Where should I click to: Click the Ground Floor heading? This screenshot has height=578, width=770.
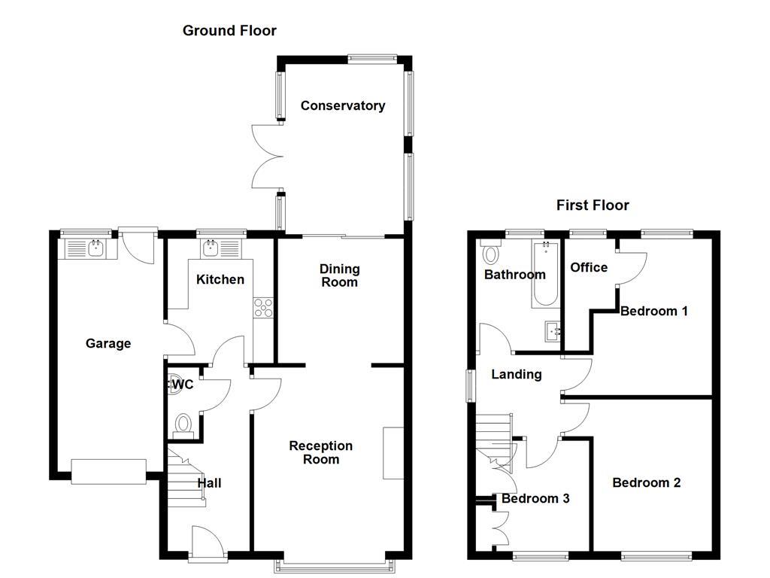click(x=229, y=31)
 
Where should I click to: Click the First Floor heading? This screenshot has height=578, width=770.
click(x=593, y=205)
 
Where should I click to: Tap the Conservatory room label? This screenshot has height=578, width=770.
click(x=343, y=106)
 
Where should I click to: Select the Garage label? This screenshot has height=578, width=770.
click(x=108, y=344)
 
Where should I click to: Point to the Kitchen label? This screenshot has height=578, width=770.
click(x=220, y=280)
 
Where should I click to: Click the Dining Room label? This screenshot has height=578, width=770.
click(x=340, y=275)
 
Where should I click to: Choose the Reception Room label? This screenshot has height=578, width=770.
click(x=321, y=452)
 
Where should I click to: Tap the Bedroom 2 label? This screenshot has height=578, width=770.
click(x=647, y=482)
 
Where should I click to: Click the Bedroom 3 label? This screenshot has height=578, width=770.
click(x=535, y=498)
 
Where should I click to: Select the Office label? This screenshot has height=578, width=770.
click(x=589, y=267)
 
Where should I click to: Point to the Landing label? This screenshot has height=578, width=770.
click(x=516, y=374)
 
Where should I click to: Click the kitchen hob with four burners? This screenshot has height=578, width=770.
click(x=264, y=307)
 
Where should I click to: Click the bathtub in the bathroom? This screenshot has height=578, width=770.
click(x=544, y=275)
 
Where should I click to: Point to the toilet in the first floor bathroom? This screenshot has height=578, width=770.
click(x=491, y=254)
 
